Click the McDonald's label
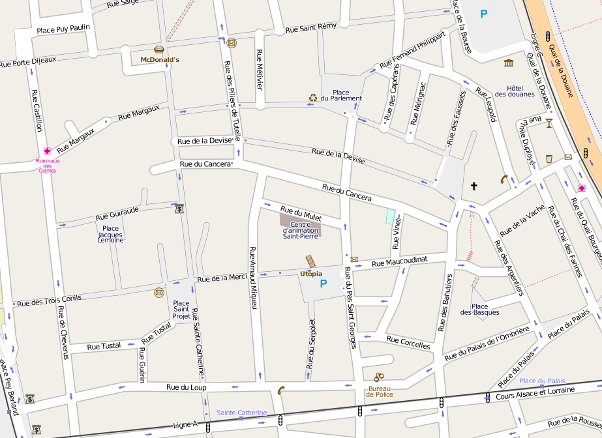[160, 60]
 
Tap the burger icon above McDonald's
[158, 50]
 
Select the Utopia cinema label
[311, 274]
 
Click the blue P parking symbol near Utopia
[323, 284]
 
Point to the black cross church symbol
[474, 186]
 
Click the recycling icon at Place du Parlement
[313, 98]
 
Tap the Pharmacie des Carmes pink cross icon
[47, 151]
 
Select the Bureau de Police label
[379, 392]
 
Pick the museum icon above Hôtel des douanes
[509, 63]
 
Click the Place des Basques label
[479, 310]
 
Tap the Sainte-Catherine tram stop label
[242, 413]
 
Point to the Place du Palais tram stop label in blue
[542, 381]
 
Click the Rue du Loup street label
[186, 387]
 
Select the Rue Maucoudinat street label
[399, 261]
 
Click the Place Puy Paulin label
[63, 29]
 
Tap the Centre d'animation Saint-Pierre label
[300, 230]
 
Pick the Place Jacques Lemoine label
[111, 235]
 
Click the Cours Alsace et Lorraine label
[535, 393]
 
